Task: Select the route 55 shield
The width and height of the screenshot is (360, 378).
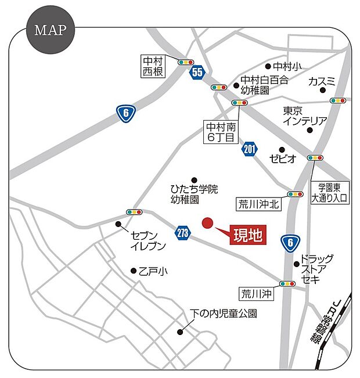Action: (x=197, y=73)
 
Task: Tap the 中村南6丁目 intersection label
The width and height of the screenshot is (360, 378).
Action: (x=221, y=132)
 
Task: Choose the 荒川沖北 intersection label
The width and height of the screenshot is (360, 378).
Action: (x=259, y=204)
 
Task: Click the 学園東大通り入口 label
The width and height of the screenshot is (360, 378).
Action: (x=328, y=193)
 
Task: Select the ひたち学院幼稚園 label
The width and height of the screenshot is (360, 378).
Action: (x=193, y=194)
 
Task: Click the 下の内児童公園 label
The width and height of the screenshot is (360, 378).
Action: (x=224, y=314)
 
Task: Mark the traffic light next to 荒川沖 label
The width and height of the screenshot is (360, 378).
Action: (x=287, y=284)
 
